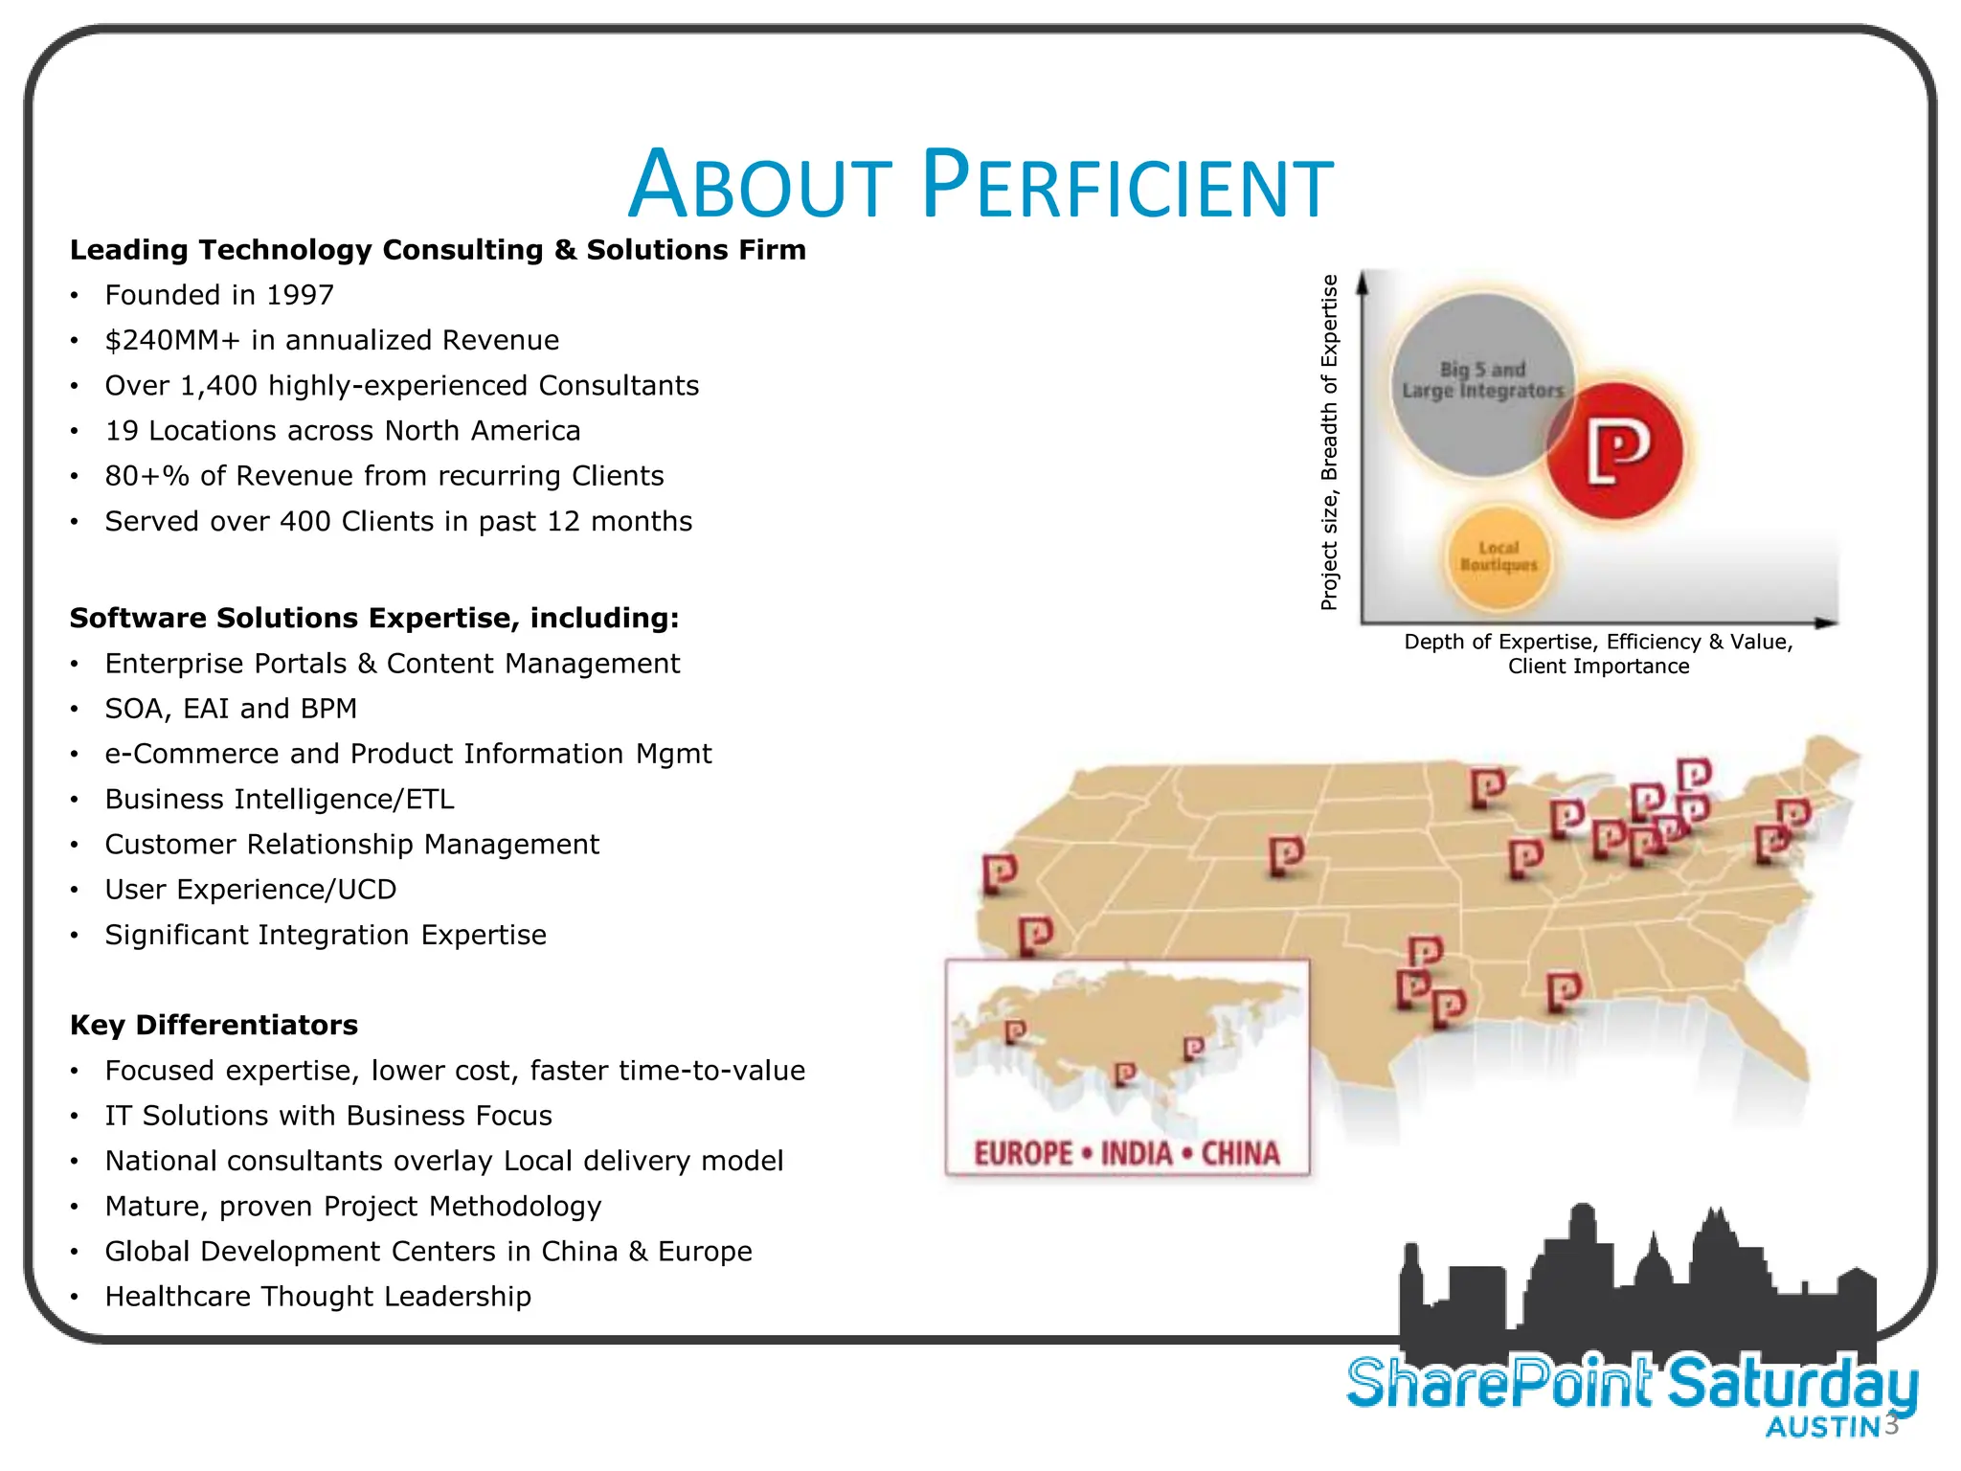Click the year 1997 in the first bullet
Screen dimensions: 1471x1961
pos(300,295)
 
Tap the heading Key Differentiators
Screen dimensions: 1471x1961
pos(214,1025)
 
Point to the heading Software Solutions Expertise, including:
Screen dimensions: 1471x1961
pos(374,618)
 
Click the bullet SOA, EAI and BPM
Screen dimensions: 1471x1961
pos(231,709)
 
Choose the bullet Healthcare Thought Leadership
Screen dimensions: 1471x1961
pos(318,1296)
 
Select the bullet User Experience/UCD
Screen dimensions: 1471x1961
pos(251,890)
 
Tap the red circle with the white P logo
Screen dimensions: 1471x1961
pos(1617,451)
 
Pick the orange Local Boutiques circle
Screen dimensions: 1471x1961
pos(1499,557)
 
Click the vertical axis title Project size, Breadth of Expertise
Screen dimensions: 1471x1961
pos(1329,442)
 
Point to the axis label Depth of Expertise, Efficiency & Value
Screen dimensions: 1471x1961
pos(1598,642)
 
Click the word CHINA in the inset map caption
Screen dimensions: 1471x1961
pos(1241,1153)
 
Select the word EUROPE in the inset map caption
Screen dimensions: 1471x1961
pos(1023,1153)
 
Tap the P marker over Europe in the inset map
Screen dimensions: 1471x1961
pos(1015,1032)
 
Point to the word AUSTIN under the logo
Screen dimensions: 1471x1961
pos(1823,1427)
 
